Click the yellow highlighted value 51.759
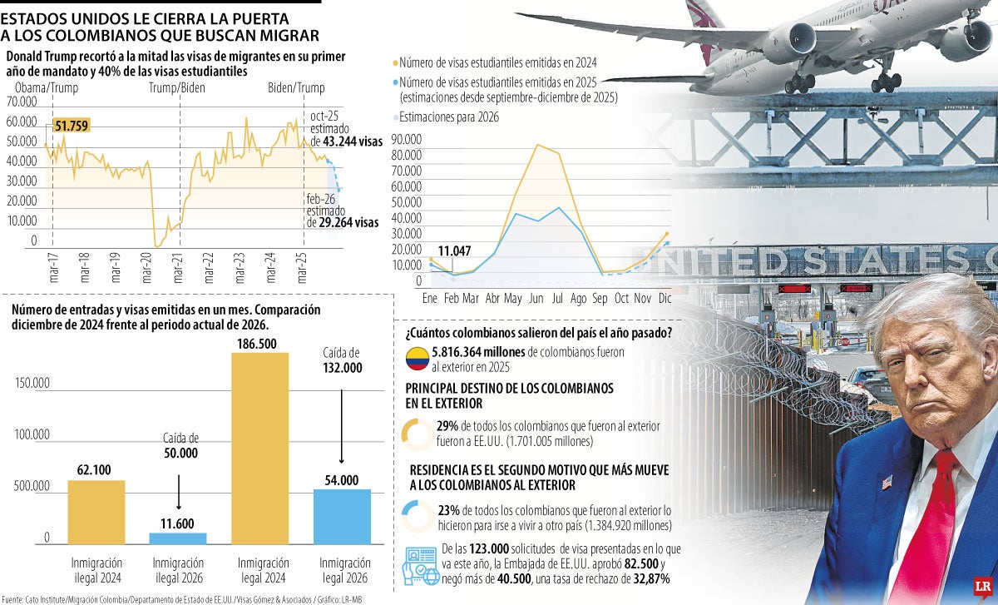(x=72, y=126)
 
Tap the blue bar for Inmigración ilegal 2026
(x=178, y=538)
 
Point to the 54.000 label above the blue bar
(x=342, y=480)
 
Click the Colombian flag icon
(x=417, y=360)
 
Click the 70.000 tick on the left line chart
(x=22, y=102)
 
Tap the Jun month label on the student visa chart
(x=536, y=298)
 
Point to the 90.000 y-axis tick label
(x=407, y=139)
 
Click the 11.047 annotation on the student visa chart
(x=454, y=250)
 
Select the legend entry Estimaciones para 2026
(x=449, y=117)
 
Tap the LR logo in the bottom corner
(x=980, y=588)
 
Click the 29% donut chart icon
(x=415, y=434)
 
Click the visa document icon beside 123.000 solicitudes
(x=420, y=565)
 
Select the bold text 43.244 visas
(x=346, y=142)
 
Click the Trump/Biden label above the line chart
(x=176, y=88)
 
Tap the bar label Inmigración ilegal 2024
(x=96, y=569)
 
